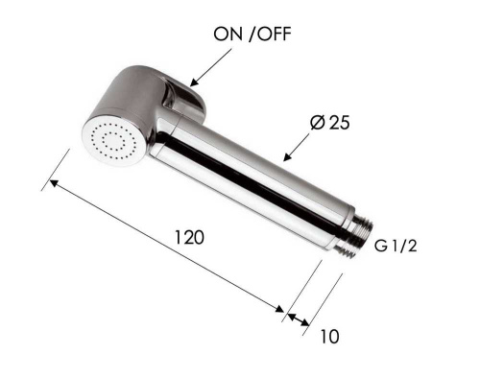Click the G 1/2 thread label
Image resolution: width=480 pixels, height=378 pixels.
395,247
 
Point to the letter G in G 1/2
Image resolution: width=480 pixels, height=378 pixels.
379,247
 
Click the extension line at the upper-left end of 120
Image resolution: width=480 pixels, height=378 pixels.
56,169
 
